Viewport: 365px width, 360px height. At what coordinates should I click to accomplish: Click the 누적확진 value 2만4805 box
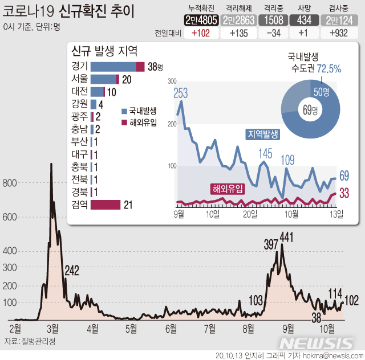202,20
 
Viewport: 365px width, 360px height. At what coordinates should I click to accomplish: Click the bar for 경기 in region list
117,67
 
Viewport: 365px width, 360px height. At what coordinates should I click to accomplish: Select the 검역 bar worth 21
106,204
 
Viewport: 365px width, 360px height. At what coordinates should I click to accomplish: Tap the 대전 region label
80,92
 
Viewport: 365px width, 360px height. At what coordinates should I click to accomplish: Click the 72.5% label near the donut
329,69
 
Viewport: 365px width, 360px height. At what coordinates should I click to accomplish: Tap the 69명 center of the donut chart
311,110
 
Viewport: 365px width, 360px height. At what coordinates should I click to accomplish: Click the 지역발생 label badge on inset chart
262,134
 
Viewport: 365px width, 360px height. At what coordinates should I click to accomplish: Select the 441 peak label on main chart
286,236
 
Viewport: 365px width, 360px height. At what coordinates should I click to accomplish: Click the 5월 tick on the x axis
131,329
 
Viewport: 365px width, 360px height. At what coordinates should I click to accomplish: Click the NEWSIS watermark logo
317,343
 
